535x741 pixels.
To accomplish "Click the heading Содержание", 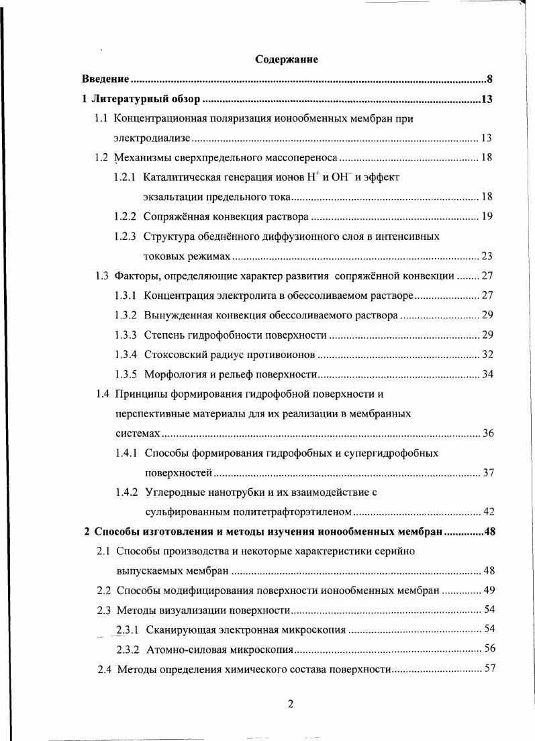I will tap(287, 60).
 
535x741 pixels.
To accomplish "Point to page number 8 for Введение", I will tap(491, 79).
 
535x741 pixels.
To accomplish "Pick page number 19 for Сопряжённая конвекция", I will tap(487, 217).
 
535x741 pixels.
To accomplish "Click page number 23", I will tap(487, 256).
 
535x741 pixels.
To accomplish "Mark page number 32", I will tap(487, 354).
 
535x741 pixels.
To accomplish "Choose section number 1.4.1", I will tap(126, 453).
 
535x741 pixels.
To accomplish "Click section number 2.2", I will tap(104, 591).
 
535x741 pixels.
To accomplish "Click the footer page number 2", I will tap(290, 704).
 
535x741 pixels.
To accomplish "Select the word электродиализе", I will tap(153, 138).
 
